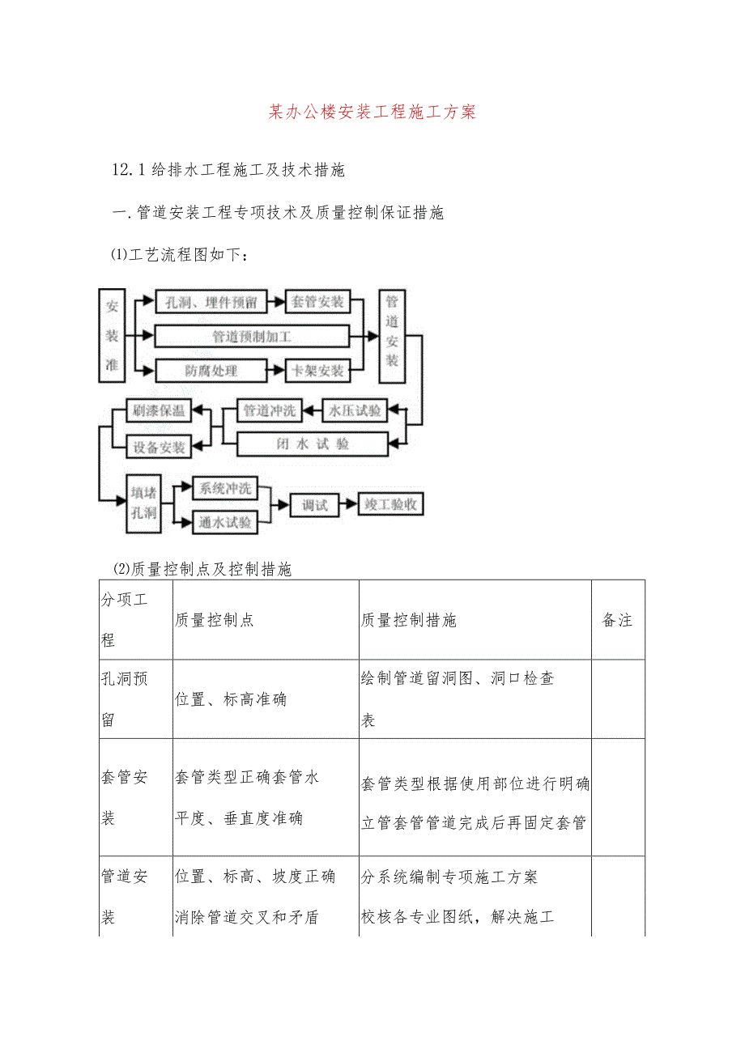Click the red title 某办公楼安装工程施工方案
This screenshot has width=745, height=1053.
[372, 112]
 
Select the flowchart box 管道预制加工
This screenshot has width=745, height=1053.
[252, 337]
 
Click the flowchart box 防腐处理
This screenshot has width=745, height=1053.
[211, 371]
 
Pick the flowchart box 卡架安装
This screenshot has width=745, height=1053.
[317, 371]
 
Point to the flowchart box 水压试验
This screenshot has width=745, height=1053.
[354, 410]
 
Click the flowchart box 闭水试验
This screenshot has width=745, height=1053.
[312, 444]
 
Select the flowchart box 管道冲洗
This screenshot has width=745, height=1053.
[270, 410]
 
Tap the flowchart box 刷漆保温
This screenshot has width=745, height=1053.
[160, 410]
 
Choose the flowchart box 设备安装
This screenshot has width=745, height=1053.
[160, 447]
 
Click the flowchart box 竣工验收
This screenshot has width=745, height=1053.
[391, 504]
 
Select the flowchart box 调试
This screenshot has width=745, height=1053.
[315, 504]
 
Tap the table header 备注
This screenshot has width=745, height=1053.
[617, 620]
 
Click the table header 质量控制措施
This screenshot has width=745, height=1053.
[409, 620]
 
